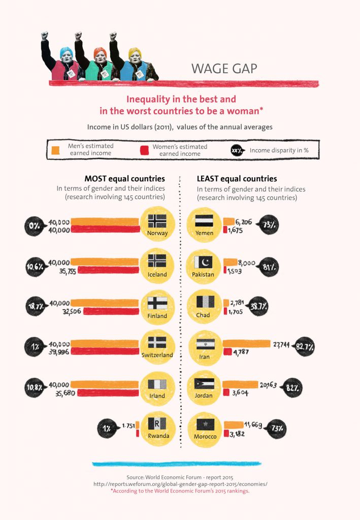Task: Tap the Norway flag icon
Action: tap(157, 221)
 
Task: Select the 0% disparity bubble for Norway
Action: tap(36, 225)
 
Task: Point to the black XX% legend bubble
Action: tap(237, 150)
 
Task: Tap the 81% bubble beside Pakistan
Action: tap(269, 266)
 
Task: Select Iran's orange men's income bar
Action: tap(247, 344)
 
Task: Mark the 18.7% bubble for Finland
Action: tap(36, 307)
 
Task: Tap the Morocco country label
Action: tap(205, 436)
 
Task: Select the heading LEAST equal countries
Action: tap(237, 179)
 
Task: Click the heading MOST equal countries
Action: tap(124, 179)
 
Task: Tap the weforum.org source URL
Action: tap(180, 484)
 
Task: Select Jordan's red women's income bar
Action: tap(226, 392)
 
